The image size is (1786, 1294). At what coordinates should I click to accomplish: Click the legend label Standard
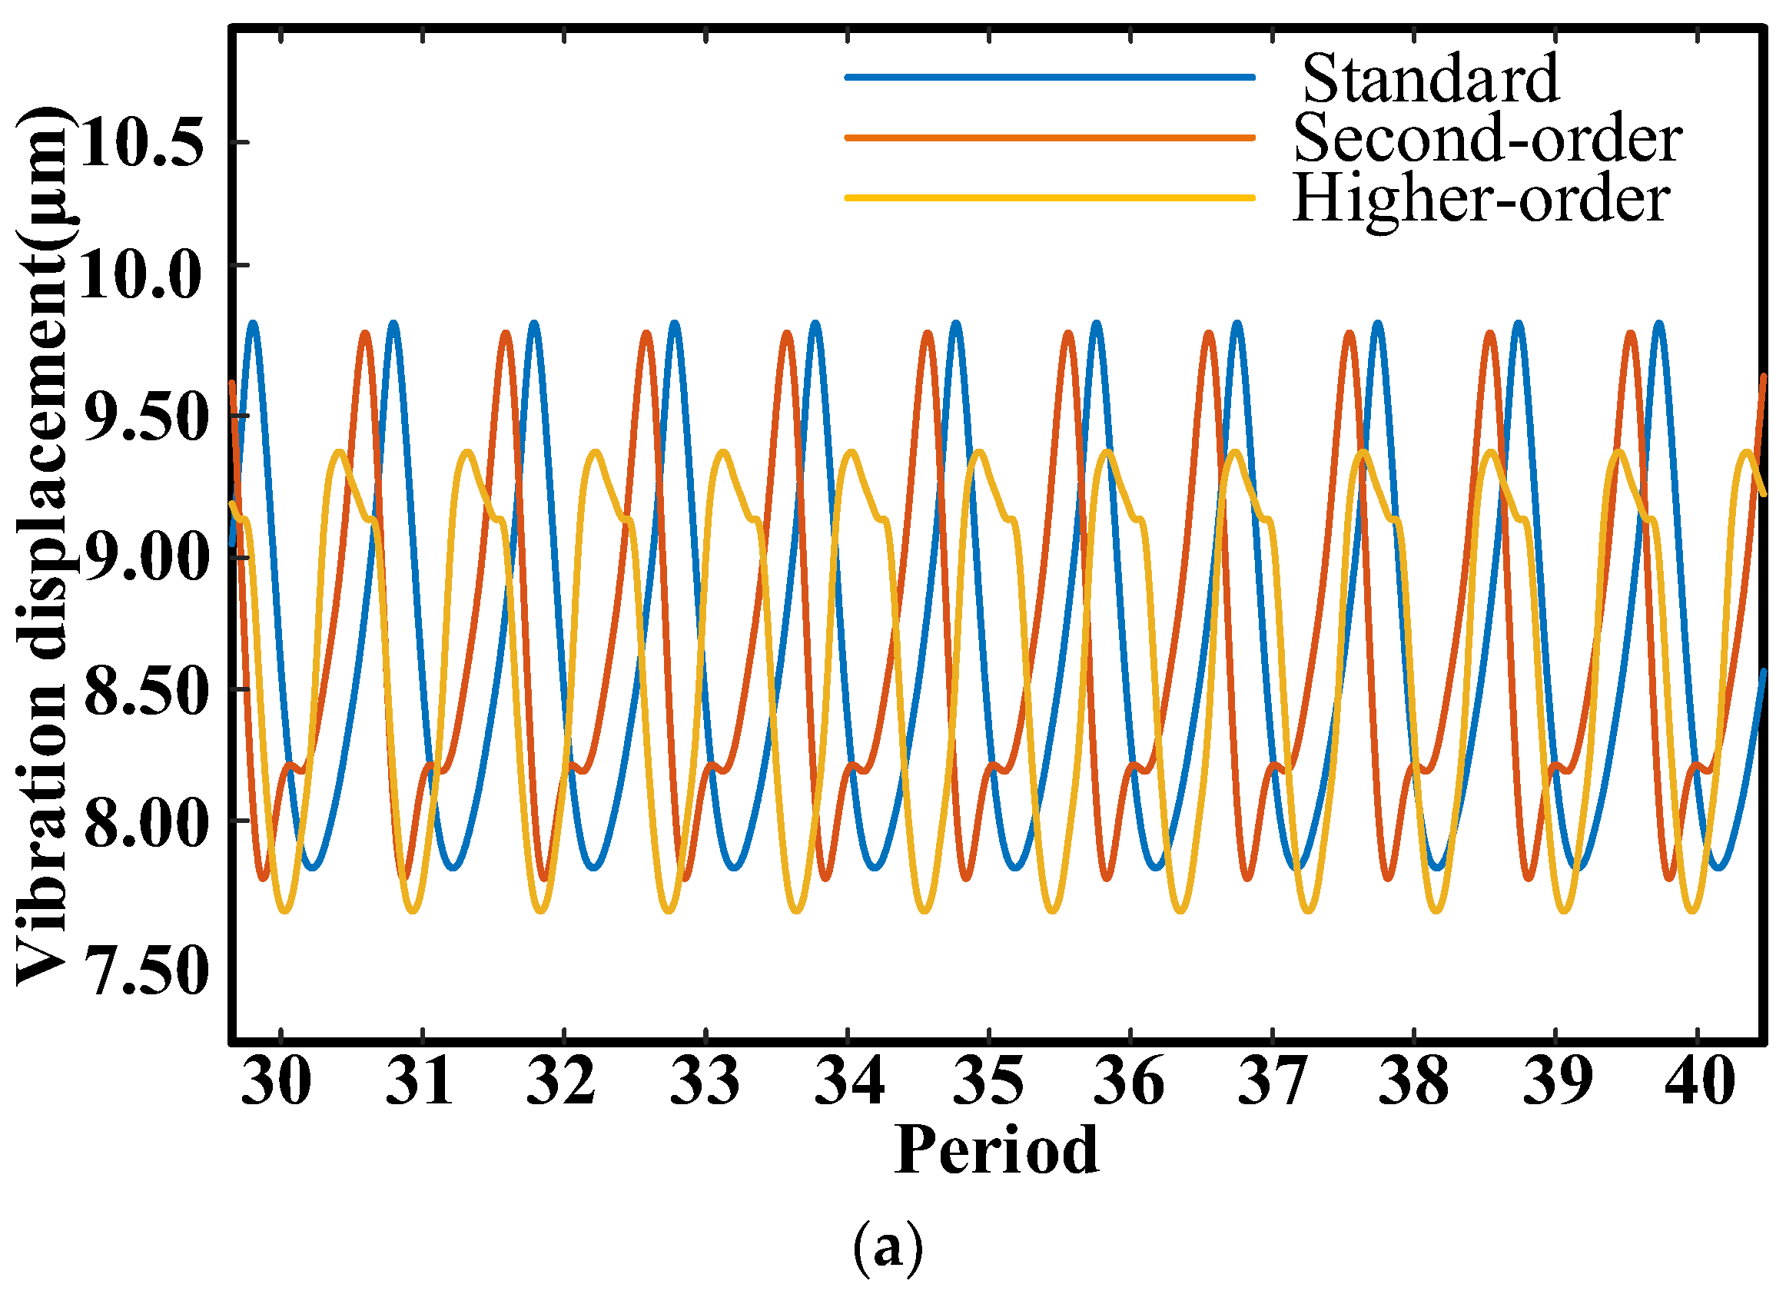click(1429, 80)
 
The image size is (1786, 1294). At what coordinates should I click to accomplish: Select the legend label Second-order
click(1488, 139)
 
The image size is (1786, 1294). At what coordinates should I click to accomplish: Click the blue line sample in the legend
click(1049, 77)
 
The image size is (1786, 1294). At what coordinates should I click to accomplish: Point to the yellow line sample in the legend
click(1049, 197)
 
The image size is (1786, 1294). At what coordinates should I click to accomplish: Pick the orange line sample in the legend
click(1049, 138)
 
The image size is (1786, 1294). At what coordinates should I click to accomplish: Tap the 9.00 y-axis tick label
click(147, 556)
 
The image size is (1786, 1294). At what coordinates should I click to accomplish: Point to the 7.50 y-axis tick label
click(147, 973)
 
